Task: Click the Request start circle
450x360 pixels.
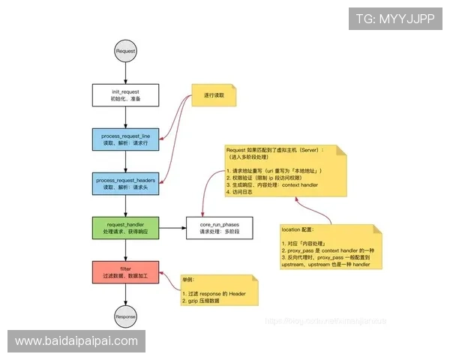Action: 125,51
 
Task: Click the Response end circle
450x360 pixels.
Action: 125,316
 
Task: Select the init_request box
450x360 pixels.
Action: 125,95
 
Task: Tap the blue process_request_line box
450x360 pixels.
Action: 125,139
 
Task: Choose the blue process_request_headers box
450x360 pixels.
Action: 125,184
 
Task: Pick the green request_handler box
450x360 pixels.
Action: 125,227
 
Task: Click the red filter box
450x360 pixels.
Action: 125,271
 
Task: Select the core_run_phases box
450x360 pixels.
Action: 219,227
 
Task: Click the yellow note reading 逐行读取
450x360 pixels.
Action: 214,97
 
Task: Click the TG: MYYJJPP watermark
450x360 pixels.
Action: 395,18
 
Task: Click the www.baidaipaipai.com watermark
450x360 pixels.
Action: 77,341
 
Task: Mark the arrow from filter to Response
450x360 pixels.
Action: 125,295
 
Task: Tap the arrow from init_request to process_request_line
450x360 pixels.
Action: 125,118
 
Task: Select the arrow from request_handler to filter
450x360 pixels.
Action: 125,249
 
